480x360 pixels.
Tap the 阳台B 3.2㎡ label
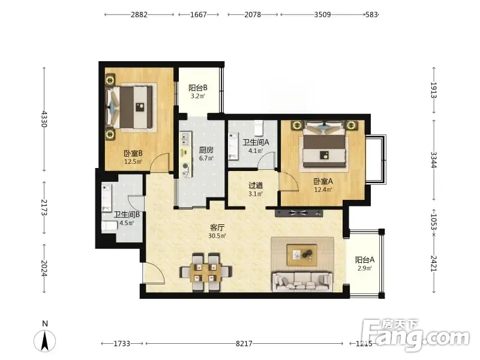[198, 92]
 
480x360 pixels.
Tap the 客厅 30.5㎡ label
[217, 232]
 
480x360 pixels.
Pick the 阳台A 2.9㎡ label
[365, 264]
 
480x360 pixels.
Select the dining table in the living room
[206, 272]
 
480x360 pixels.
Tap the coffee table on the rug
[302, 255]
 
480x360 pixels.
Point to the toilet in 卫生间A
[259, 128]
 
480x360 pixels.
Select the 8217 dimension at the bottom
[244, 343]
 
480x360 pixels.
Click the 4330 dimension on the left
[44, 119]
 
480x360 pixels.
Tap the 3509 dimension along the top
[322, 14]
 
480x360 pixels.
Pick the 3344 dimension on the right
[433, 160]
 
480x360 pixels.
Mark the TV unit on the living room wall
[299, 213]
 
